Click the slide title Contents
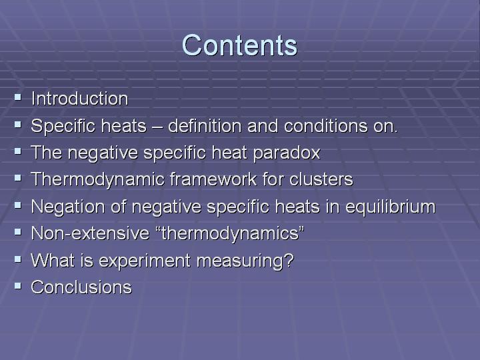240,45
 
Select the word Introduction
79,99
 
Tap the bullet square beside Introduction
18,97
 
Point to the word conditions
326,125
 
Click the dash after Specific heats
157,127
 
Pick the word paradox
287,153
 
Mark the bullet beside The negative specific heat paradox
18,151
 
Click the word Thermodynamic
98,179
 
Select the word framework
213,179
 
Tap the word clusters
321,179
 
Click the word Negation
68,207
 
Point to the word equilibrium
390,207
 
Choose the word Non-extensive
90,233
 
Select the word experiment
145,261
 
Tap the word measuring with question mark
245,261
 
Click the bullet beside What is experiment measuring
18,259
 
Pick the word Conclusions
81,287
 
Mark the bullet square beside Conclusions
18,286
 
